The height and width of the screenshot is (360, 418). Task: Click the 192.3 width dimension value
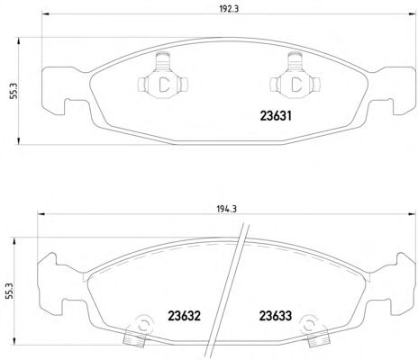(229, 9)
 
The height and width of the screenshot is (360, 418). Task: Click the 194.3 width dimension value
(227, 209)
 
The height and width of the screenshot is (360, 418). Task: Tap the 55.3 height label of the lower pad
(11, 291)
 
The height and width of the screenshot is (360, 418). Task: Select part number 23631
(276, 116)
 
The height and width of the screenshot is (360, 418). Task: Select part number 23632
(184, 316)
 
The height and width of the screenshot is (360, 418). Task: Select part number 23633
(276, 316)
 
